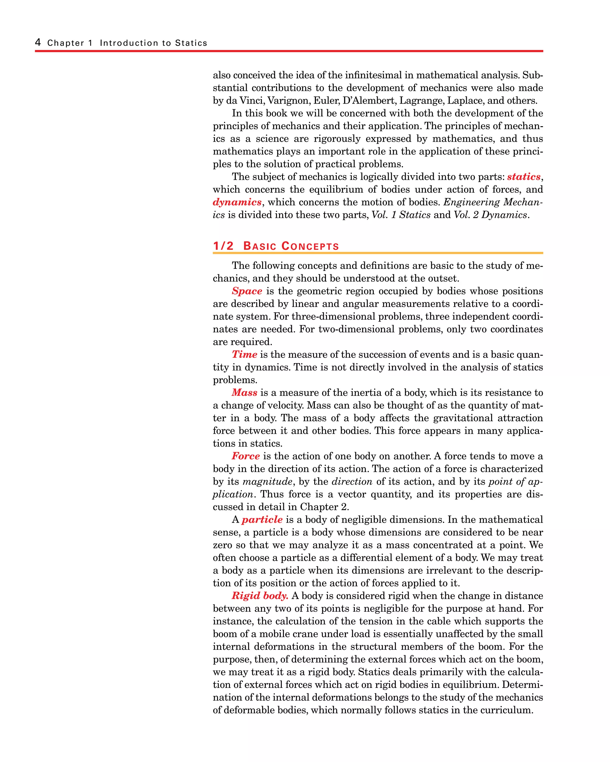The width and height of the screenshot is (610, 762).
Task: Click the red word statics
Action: click(524, 177)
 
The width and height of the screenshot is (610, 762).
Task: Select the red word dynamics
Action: click(237, 202)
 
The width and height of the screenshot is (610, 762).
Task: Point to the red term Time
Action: click(244, 355)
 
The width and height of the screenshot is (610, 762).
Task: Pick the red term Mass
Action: click(244, 393)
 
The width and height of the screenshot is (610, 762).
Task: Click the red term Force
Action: click(246, 456)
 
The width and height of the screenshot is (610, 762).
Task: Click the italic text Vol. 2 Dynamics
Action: click(490, 215)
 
